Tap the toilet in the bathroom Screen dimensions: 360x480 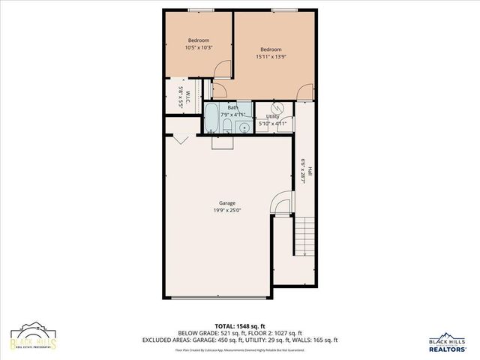pos(230,127)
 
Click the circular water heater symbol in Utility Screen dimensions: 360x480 pos(274,107)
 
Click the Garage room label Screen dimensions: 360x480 pos(227,203)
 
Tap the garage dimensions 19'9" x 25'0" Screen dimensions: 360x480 pos(227,211)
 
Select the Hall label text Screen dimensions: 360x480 pos(309,171)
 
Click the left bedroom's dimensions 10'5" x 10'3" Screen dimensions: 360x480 pos(199,48)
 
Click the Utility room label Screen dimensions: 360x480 pos(272,117)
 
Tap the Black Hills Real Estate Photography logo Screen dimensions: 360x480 pos(33,338)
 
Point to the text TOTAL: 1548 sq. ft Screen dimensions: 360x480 pos(239,326)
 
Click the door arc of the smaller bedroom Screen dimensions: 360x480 pos(222,70)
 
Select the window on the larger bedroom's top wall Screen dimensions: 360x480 pos(283,10)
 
